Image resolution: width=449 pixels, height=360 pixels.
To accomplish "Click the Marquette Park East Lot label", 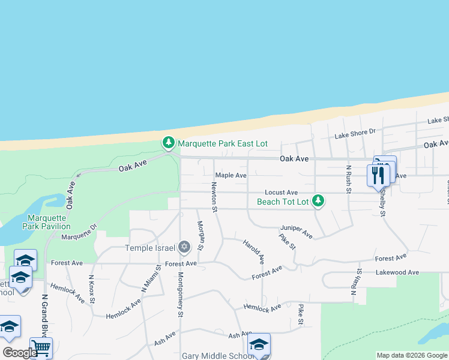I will click(222, 144).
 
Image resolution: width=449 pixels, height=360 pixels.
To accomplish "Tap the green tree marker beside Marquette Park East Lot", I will click(169, 143).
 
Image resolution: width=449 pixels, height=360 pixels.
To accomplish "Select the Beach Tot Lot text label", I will click(283, 202).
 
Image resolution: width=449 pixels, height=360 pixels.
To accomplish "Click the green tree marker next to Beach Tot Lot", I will click(319, 201).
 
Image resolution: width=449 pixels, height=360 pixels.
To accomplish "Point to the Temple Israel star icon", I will click(184, 247).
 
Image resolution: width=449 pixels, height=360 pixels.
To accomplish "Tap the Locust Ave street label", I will click(281, 192).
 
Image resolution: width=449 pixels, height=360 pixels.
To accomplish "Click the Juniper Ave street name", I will click(297, 232).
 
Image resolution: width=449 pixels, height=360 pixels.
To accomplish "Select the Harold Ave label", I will click(253, 252).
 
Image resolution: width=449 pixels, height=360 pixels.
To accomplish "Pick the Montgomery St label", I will click(180, 295).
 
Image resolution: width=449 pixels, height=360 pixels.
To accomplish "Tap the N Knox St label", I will click(92, 290).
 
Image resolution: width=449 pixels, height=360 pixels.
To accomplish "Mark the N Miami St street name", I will click(152, 279).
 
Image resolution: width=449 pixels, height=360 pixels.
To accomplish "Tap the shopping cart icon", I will click(41, 348).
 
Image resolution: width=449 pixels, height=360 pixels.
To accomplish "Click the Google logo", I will click(19, 353).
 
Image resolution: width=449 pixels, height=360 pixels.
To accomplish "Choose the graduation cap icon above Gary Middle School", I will click(259, 344).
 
